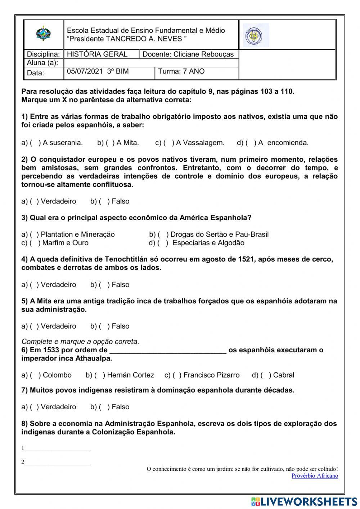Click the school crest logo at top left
(43, 34)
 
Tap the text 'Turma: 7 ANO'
(181, 71)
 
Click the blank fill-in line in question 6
(168, 351)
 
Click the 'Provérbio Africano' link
(315, 476)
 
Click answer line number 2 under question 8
(58, 462)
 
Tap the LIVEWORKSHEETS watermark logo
(304, 501)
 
